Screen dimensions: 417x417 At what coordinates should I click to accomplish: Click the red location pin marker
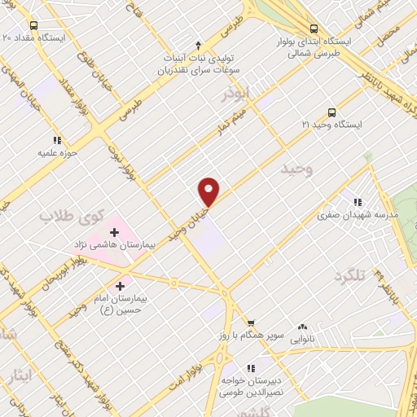coord(209,191)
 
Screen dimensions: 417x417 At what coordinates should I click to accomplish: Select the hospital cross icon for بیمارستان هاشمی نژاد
coord(114,233)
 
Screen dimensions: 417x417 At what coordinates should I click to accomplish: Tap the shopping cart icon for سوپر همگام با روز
coord(251,324)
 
